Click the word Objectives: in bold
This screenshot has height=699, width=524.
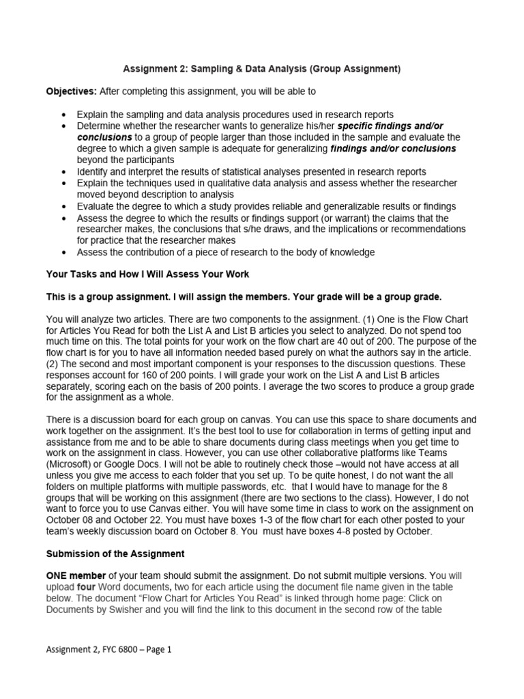pos(72,91)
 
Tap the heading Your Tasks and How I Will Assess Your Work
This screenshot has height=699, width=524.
pos(147,274)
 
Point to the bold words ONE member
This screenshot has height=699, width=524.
pos(76,576)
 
